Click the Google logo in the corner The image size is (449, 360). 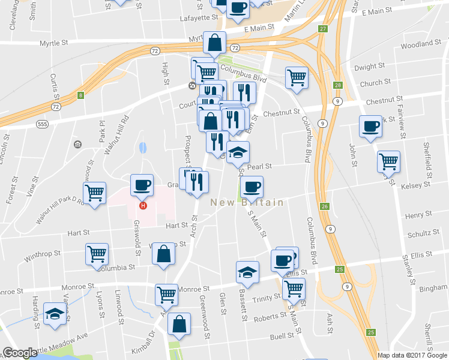19,353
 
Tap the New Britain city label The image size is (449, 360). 247,203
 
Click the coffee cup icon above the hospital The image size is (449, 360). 141,185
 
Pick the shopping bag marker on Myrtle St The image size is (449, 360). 214,43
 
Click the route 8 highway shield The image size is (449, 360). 80,94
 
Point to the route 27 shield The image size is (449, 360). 323,29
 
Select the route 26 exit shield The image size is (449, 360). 324,206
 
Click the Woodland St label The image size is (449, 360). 421,44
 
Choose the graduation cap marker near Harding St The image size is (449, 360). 55,314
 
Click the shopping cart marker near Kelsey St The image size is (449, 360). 388,161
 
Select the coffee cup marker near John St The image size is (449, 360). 370,127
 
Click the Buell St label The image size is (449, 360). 281,337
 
